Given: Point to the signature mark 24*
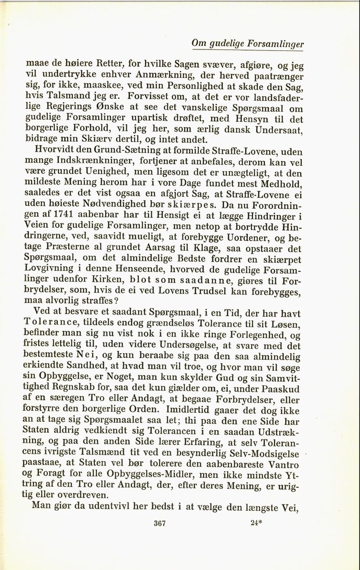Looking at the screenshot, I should (255, 524).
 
